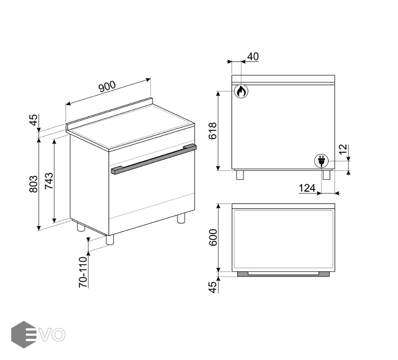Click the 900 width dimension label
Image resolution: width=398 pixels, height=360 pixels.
[107, 86]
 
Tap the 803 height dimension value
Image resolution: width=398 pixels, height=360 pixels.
[33, 184]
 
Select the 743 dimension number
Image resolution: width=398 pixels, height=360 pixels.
[49, 180]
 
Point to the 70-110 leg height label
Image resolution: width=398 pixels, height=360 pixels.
[83, 272]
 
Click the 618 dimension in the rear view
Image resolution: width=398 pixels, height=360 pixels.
[213, 131]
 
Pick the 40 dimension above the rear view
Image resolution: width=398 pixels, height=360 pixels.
[253, 56]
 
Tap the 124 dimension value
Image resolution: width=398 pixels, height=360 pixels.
[307, 188]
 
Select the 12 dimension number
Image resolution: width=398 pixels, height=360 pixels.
[343, 149]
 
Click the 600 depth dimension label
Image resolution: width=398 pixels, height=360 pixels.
[213, 237]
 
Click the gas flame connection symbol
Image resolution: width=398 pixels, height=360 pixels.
[241, 91]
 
